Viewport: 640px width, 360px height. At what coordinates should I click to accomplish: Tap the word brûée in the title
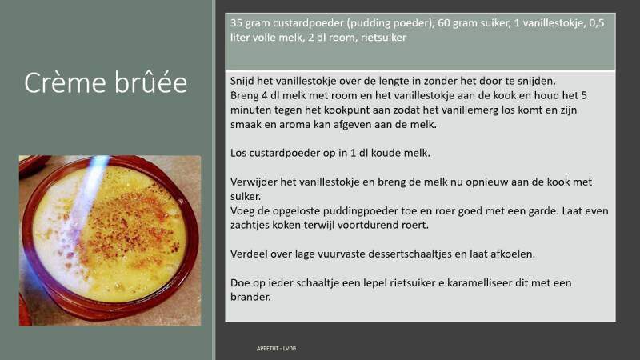tap(150, 83)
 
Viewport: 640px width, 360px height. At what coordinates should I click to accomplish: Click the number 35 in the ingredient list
tap(236, 23)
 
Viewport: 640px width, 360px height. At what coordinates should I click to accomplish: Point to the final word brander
tap(250, 298)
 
